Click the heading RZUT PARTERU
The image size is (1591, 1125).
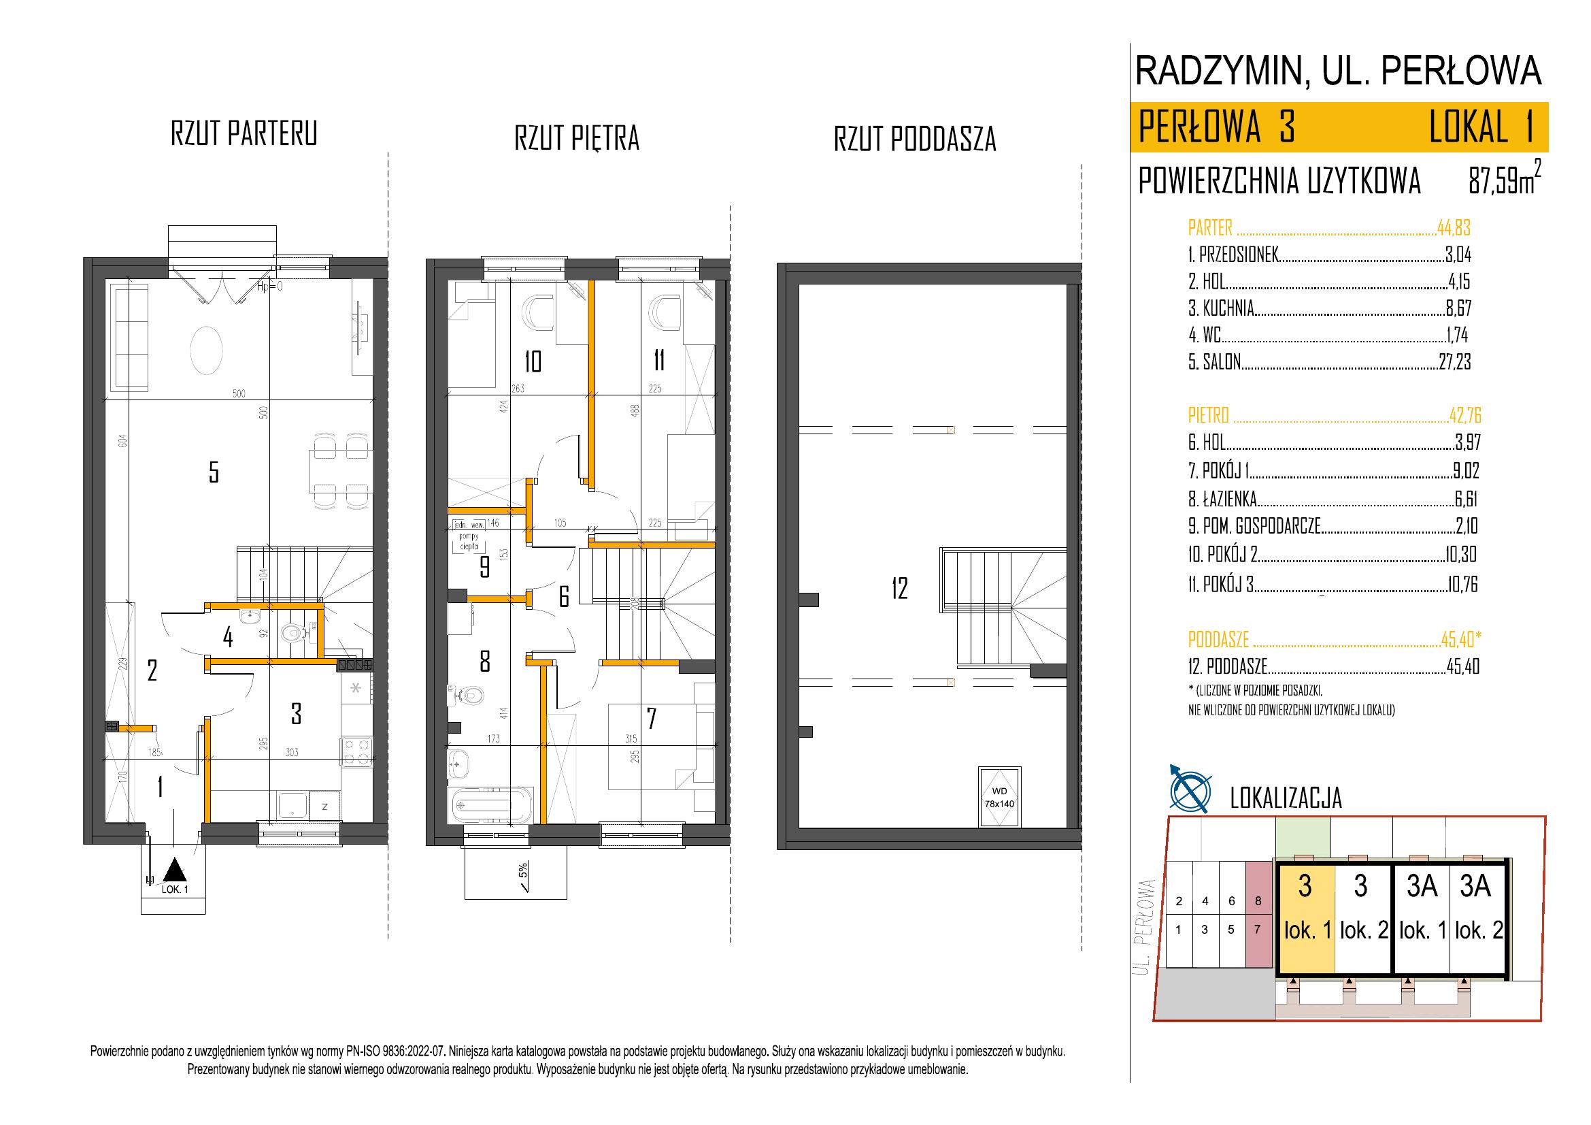(x=244, y=133)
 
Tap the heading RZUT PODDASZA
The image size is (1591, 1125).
(x=915, y=140)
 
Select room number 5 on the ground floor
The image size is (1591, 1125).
(x=214, y=472)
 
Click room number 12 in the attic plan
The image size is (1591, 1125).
(x=899, y=589)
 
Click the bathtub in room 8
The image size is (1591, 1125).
(x=490, y=804)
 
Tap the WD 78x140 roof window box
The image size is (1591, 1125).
(x=999, y=796)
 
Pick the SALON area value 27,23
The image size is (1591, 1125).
(x=1454, y=362)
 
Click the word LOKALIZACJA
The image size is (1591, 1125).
(x=1286, y=798)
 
